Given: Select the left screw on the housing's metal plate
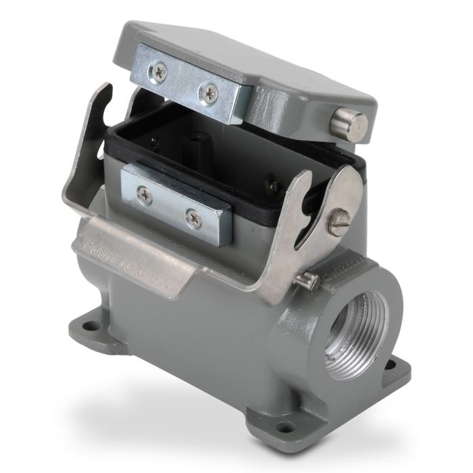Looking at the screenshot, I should [144, 195].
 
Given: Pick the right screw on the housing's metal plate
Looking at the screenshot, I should [193, 218].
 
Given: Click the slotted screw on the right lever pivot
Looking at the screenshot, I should [340, 221].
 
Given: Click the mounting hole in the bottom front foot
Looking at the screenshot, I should [285, 426].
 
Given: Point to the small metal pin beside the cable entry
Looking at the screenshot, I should [308, 276].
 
